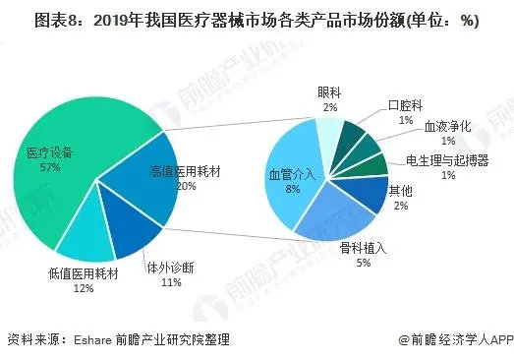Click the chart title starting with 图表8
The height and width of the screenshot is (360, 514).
point(257,23)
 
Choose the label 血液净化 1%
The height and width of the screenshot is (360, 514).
point(447,134)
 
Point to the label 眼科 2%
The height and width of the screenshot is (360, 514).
point(328,98)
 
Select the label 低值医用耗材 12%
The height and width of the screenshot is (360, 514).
point(83,280)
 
